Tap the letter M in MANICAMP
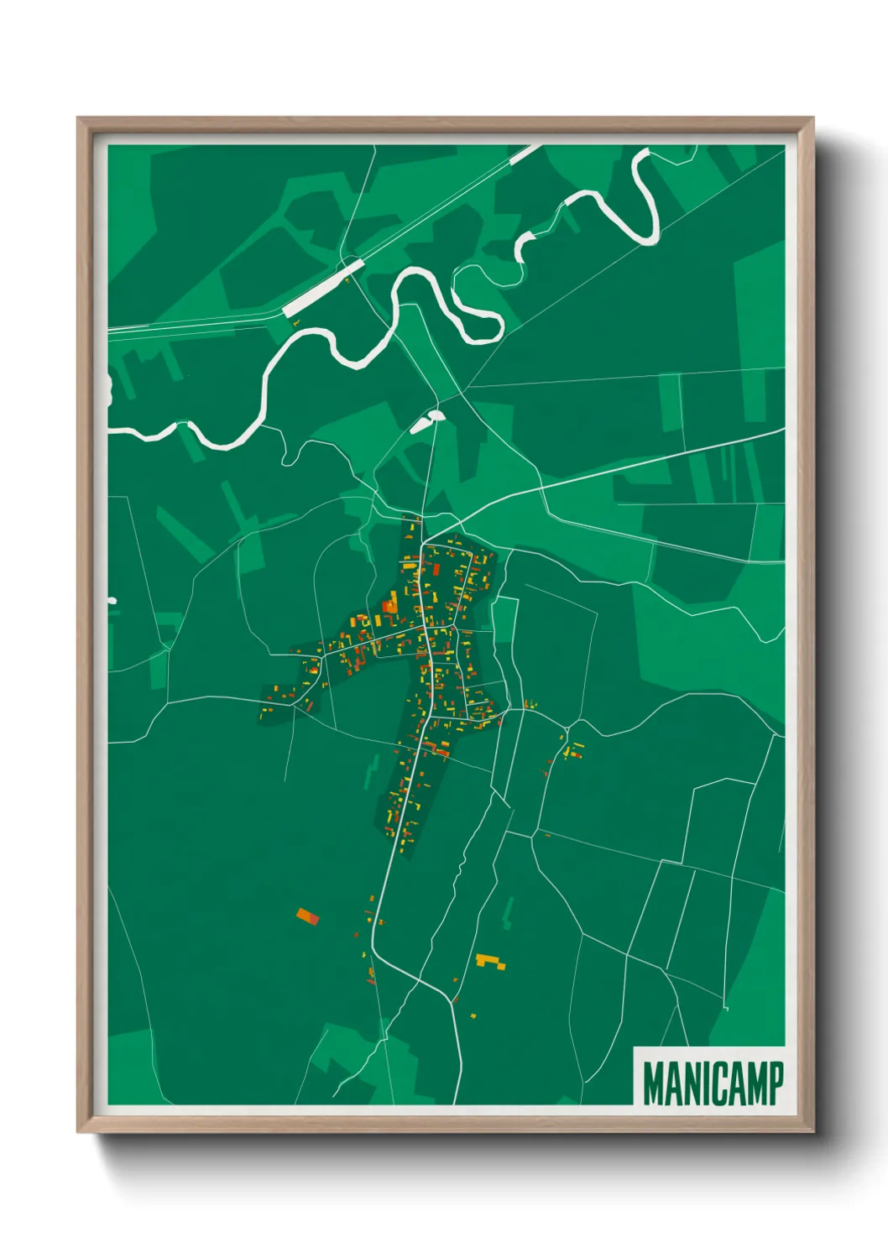pos(654,1083)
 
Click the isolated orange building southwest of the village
pos(308,916)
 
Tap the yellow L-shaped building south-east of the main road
pos(490,961)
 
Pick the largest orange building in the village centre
pos(390,603)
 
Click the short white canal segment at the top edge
pos(525,154)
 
